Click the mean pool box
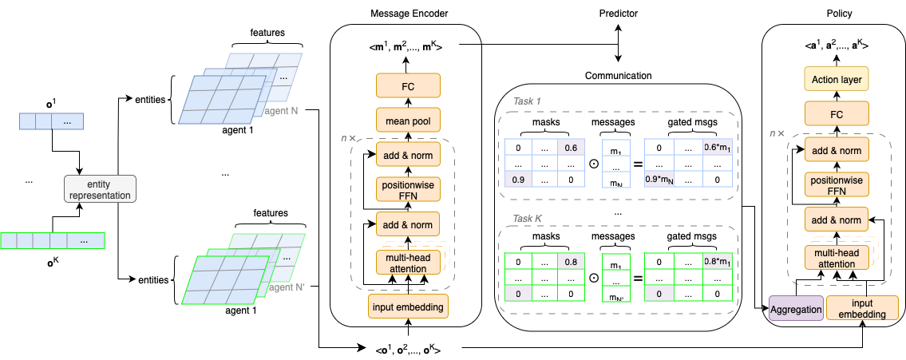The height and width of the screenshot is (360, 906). coord(409,122)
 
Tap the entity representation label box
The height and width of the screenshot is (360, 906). coord(99,189)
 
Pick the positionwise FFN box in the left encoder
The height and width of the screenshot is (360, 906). coord(409,188)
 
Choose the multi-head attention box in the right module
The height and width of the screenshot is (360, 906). coord(835,258)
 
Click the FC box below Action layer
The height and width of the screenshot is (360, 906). coord(835,114)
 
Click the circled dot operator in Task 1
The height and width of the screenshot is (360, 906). coord(593,164)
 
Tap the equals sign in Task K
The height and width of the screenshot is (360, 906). coord(635,279)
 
